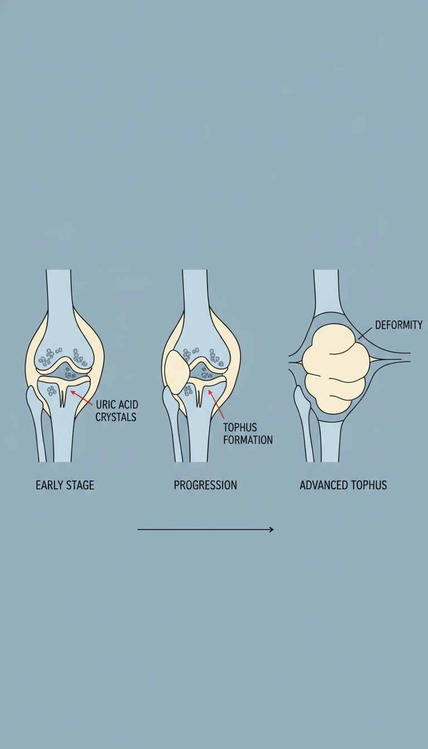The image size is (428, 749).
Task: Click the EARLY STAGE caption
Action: click(x=65, y=485)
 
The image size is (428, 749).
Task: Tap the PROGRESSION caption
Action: click(x=205, y=485)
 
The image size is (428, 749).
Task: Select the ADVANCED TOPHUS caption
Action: click(x=343, y=485)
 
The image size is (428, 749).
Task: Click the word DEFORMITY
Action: click(x=398, y=325)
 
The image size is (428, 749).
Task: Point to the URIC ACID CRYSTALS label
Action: click(x=116, y=411)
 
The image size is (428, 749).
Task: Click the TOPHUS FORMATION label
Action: click(x=248, y=434)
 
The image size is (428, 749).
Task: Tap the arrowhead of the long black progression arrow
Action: click(x=271, y=529)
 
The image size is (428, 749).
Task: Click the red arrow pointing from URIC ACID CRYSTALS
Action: click(x=81, y=398)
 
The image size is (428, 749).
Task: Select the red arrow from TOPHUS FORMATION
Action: click(x=216, y=403)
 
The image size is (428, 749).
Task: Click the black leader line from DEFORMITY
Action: click(x=365, y=333)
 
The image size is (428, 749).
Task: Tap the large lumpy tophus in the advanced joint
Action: click(x=335, y=368)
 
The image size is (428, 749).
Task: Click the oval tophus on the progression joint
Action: click(x=177, y=372)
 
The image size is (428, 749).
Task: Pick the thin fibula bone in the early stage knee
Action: click(x=36, y=423)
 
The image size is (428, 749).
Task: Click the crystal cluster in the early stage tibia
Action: click(x=51, y=391)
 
